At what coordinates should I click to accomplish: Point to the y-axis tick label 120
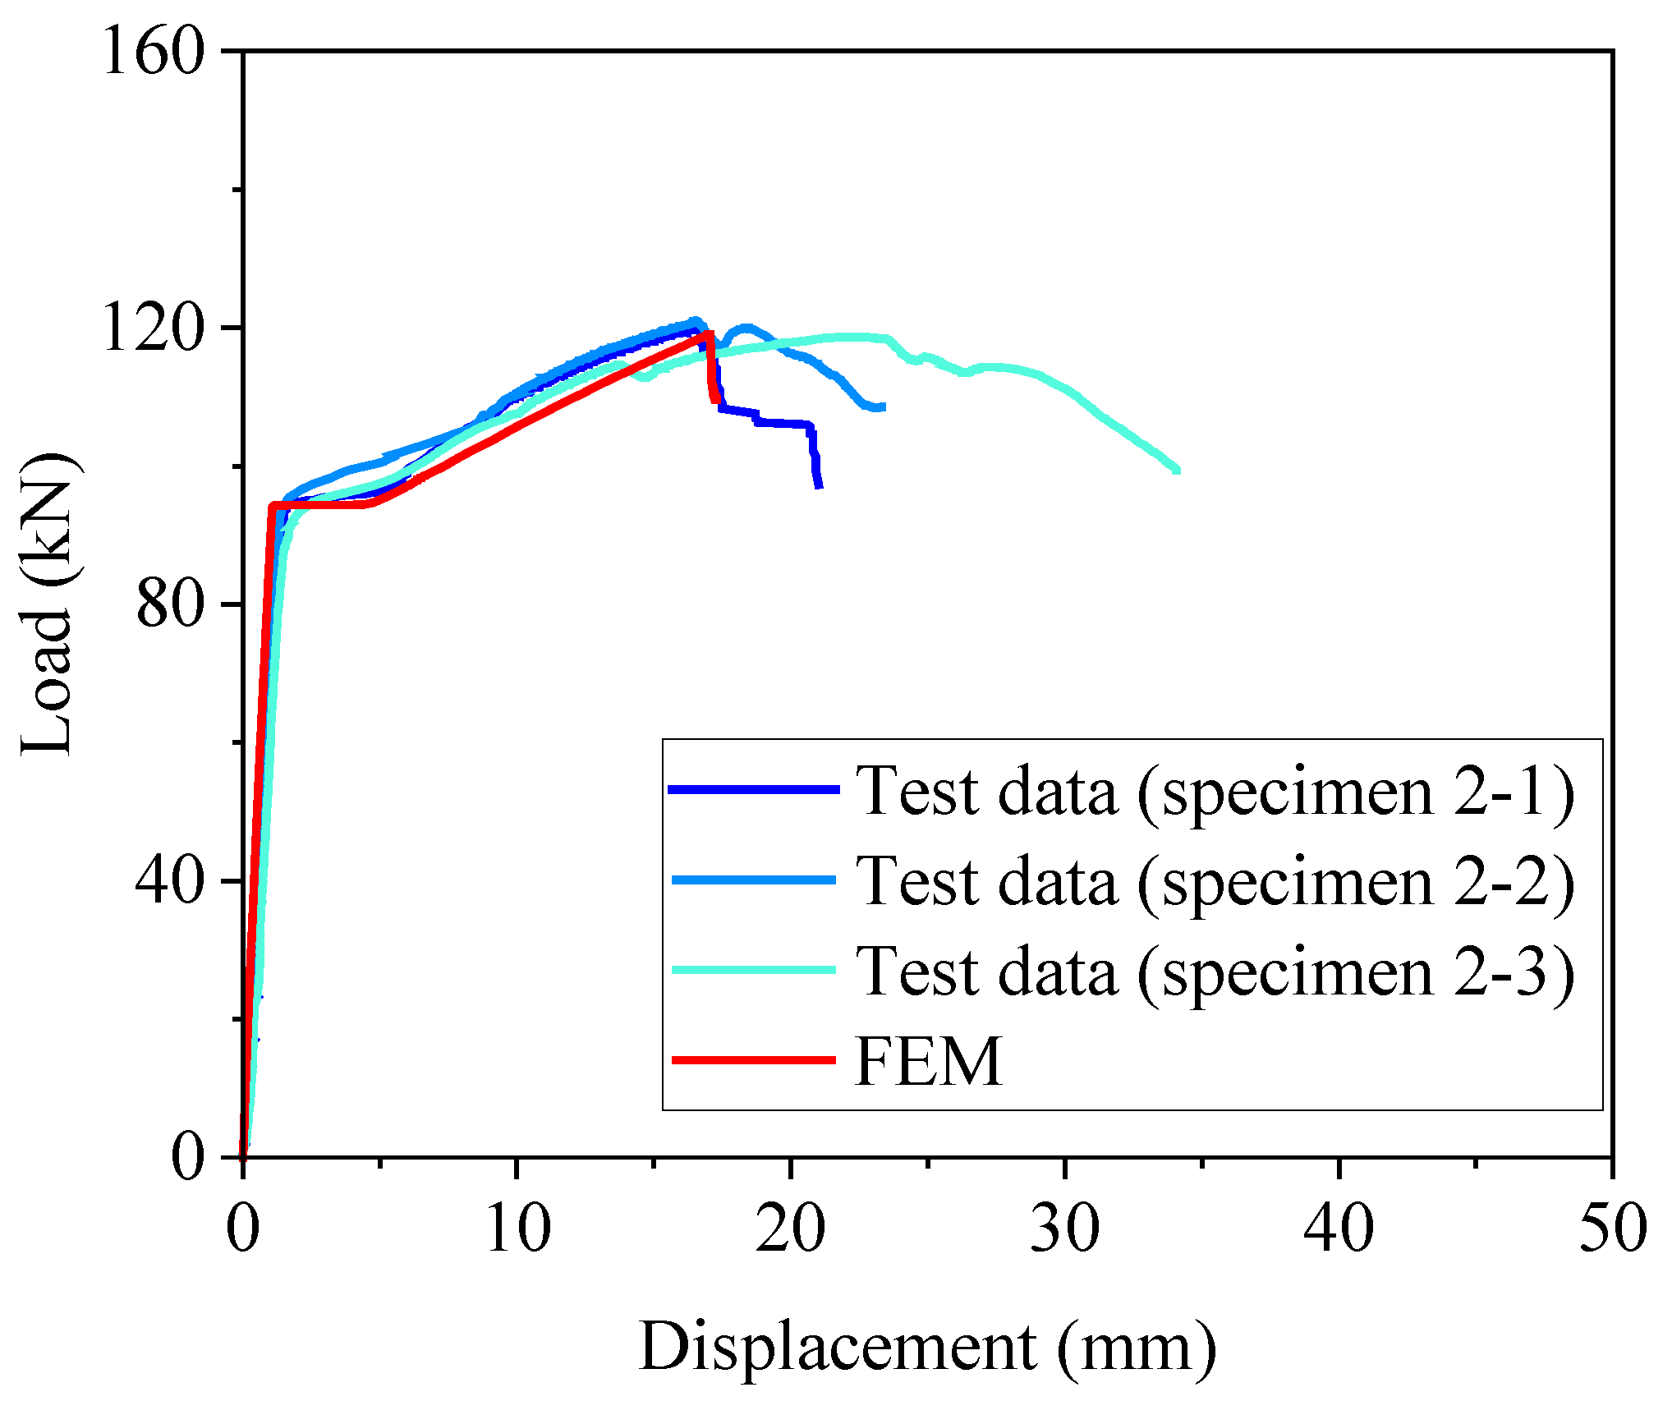point(152,328)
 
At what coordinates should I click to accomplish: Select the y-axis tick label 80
point(168,604)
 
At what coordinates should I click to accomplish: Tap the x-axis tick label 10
point(517,1229)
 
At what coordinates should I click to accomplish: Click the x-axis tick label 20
point(791,1229)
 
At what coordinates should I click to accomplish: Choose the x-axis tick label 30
point(1065,1229)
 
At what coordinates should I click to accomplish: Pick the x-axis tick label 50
point(1612,1229)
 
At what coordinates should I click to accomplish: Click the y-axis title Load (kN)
point(48,604)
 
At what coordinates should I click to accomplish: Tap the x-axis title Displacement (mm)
point(927,1348)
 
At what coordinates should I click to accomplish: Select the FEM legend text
point(929,1061)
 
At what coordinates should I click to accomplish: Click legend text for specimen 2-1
point(1215,790)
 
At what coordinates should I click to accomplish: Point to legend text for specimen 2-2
point(1215,880)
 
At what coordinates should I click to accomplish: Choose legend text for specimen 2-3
point(1215,971)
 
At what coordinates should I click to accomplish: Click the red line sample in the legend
point(754,1060)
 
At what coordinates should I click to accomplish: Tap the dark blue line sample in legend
point(754,789)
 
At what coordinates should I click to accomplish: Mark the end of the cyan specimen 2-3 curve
point(1178,470)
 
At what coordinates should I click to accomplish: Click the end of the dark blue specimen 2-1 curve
point(819,487)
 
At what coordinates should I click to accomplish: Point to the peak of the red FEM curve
point(709,333)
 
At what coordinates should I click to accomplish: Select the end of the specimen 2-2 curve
point(883,407)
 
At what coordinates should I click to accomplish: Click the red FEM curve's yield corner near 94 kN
point(272,505)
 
